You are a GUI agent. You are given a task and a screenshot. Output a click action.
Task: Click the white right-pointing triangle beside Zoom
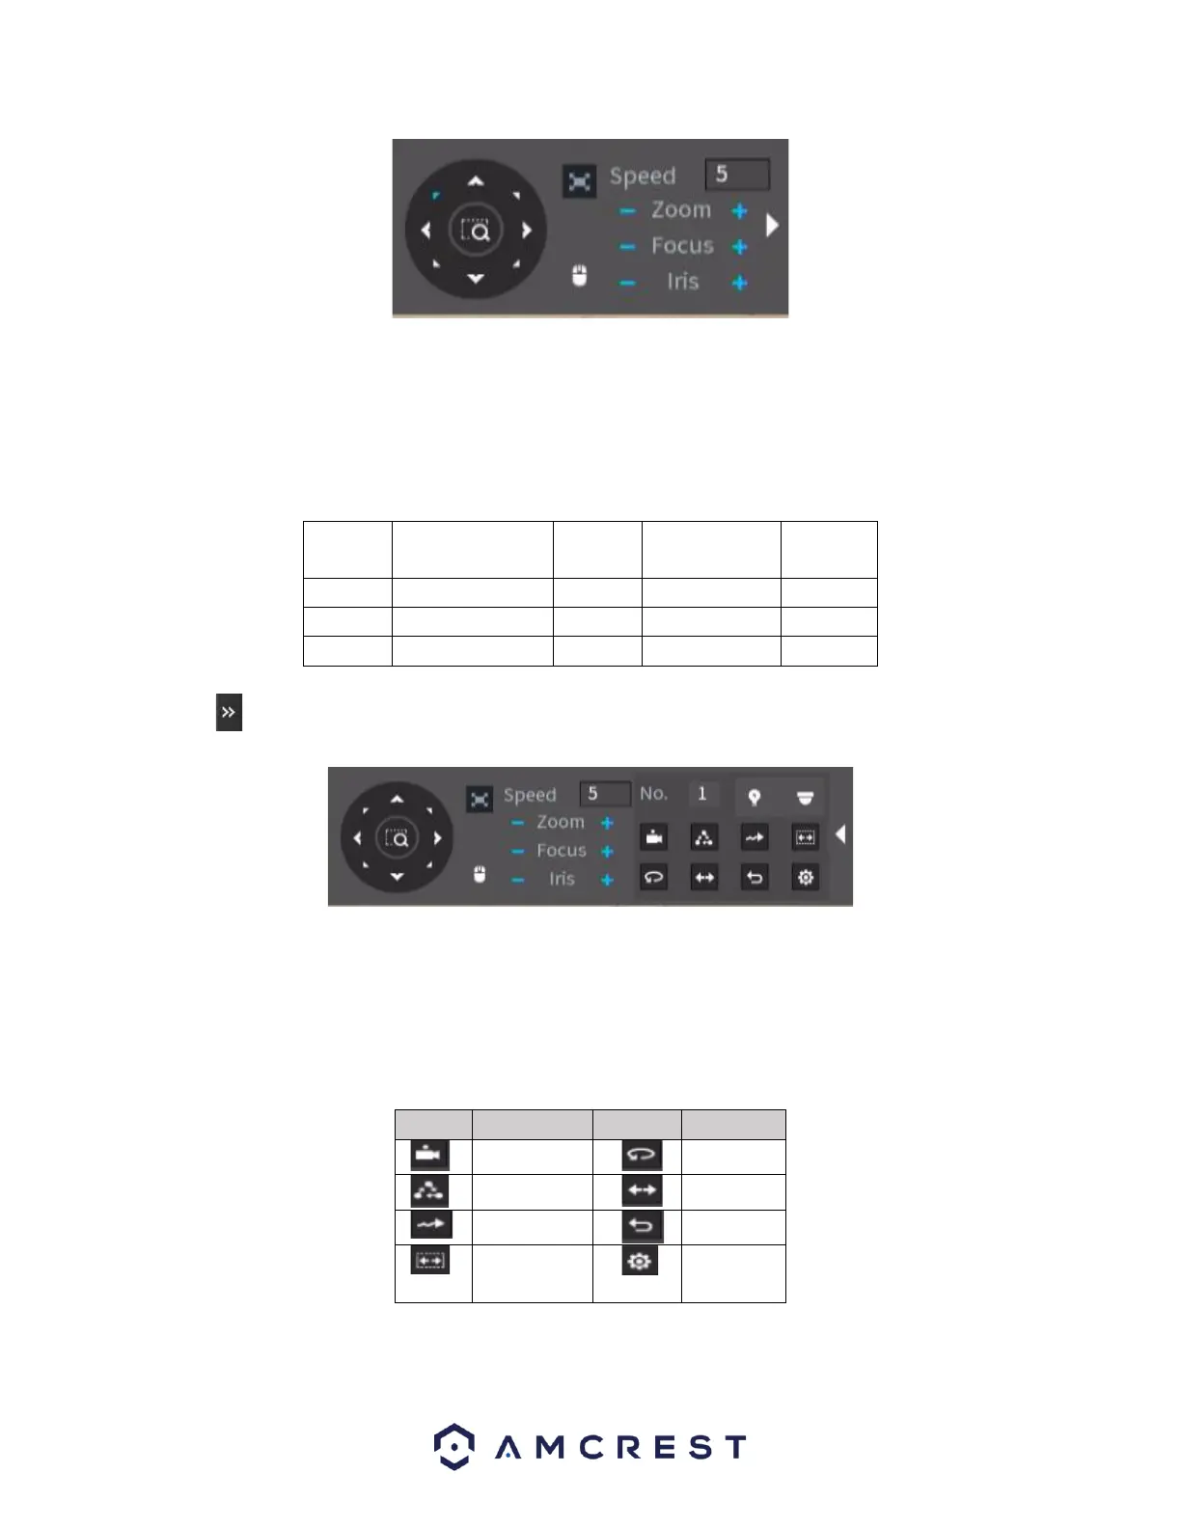(x=772, y=225)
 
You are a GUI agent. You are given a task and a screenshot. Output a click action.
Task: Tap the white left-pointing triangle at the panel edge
(x=840, y=834)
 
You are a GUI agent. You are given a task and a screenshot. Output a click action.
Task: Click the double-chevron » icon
(x=229, y=713)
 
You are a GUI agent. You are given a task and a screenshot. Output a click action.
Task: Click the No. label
(x=653, y=794)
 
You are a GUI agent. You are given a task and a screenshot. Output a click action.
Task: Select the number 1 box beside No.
(x=702, y=794)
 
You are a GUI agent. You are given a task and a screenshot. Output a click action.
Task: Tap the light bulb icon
(x=755, y=797)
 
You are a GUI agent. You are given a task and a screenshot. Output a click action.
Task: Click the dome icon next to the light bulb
(x=805, y=797)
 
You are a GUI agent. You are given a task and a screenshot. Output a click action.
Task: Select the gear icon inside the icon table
(x=640, y=1260)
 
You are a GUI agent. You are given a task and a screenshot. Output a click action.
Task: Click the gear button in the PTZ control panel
(x=805, y=878)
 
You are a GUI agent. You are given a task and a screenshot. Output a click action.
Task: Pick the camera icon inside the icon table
(x=430, y=1155)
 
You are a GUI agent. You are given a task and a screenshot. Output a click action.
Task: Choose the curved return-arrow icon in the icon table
(x=642, y=1226)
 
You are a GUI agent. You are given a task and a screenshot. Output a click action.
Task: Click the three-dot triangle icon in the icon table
(x=430, y=1190)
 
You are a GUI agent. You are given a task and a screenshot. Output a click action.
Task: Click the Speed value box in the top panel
(x=737, y=175)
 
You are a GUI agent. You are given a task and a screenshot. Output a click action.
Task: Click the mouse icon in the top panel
(x=579, y=276)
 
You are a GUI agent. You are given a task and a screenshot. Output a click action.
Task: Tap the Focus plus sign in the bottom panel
(x=607, y=851)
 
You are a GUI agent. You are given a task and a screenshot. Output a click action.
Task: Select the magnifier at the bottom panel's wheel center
(x=397, y=838)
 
